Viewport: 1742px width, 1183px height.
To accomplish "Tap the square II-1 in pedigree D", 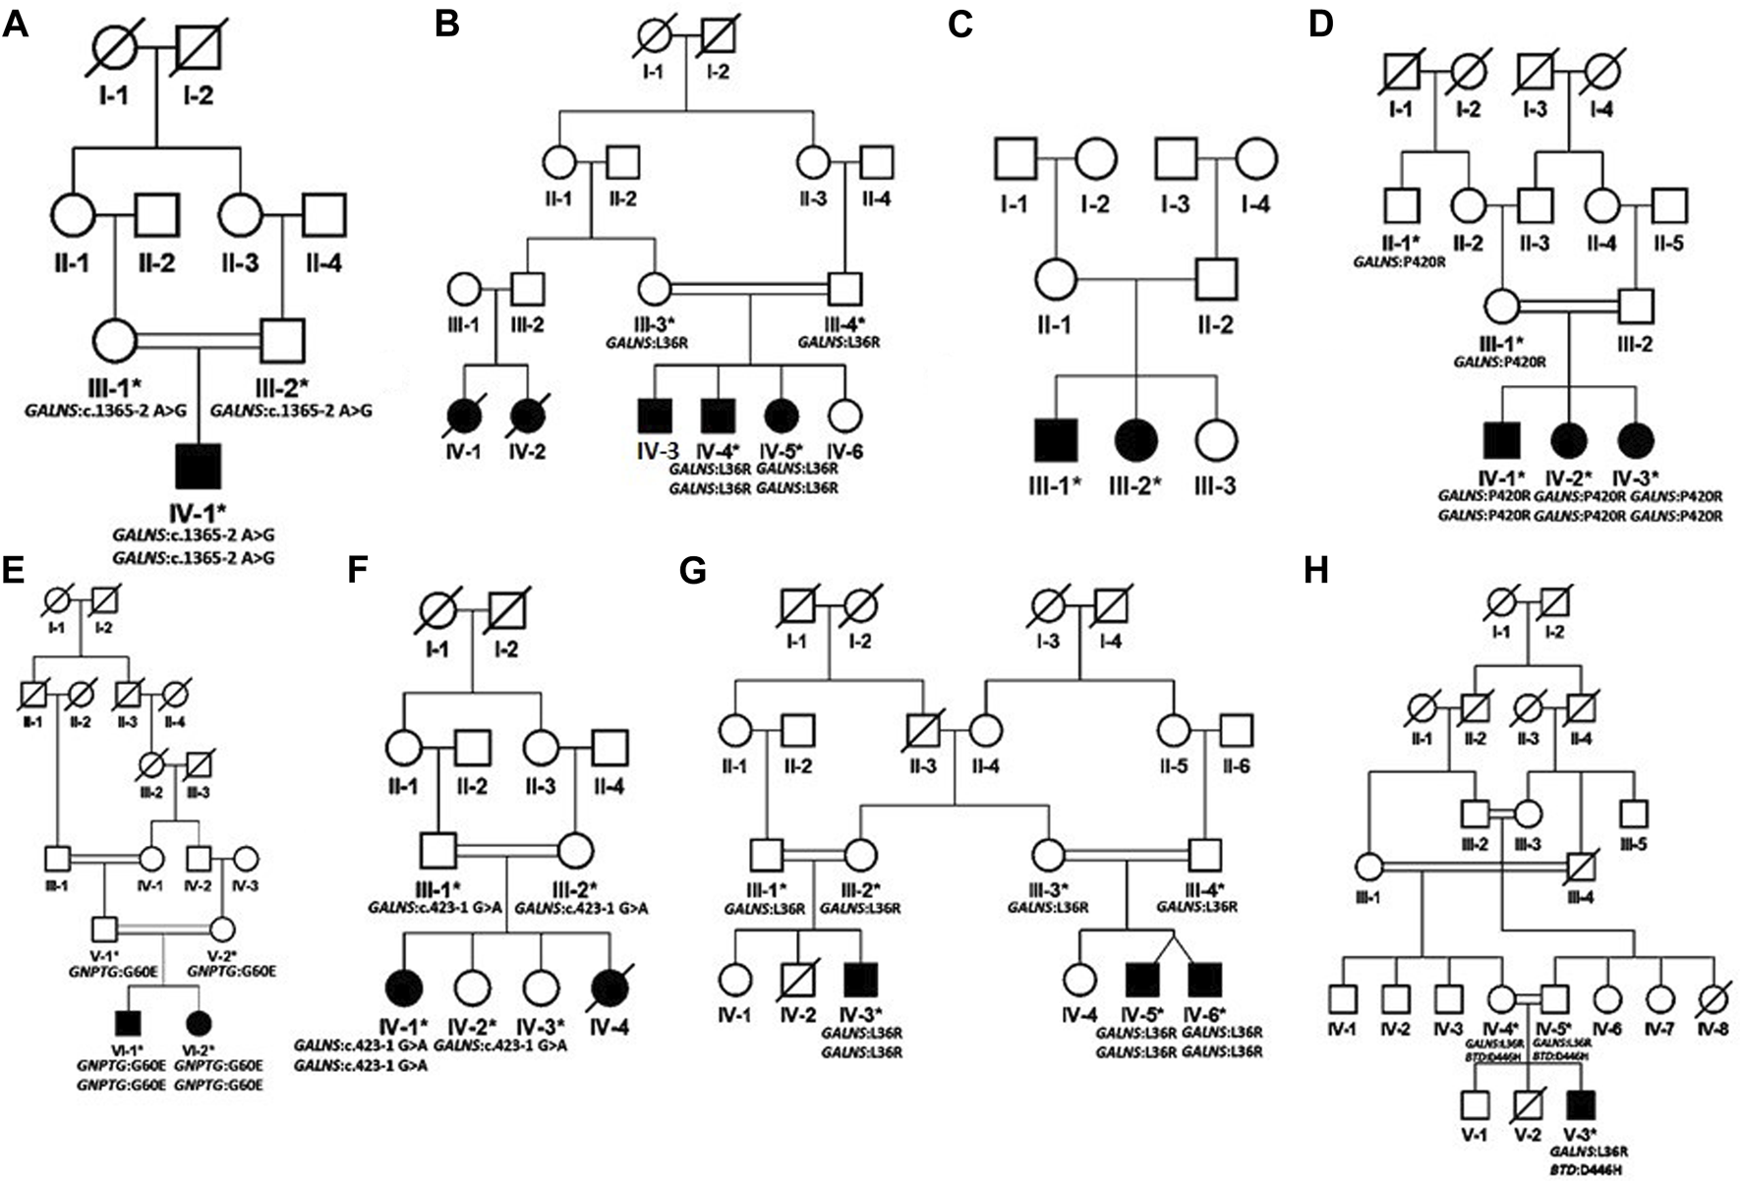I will pyautogui.click(x=1402, y=205).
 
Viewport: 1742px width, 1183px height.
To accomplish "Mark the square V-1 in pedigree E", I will pyautogui.click(x=105, y=929).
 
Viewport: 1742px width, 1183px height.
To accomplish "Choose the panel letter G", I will pyautogui.click(x=694, y=571).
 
